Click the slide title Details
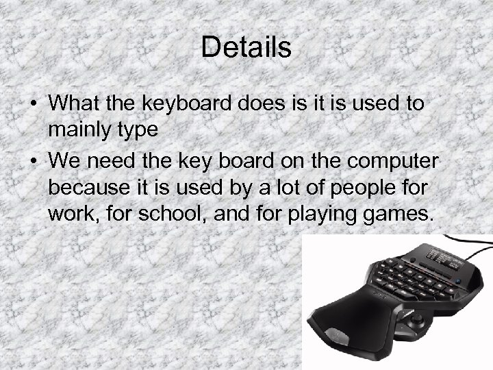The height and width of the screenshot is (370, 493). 246,47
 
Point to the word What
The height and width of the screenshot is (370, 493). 75,103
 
